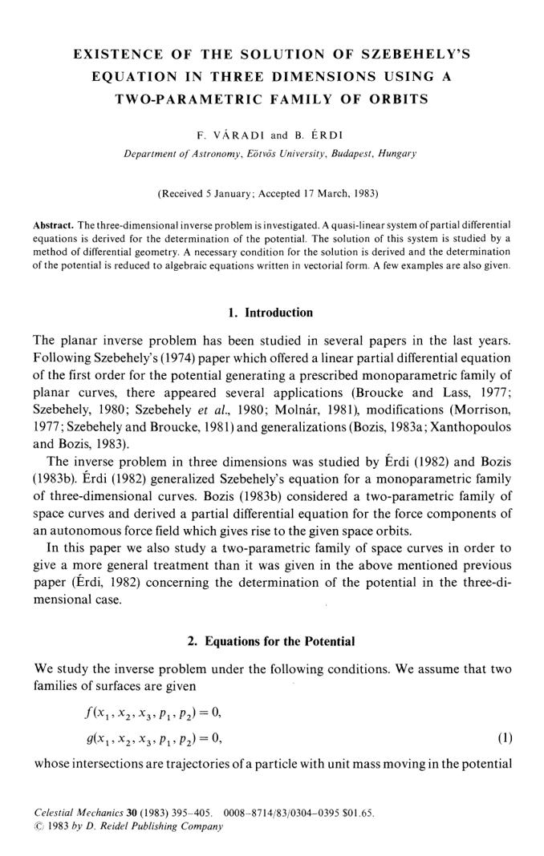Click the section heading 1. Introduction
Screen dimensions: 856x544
click(271, 313)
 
